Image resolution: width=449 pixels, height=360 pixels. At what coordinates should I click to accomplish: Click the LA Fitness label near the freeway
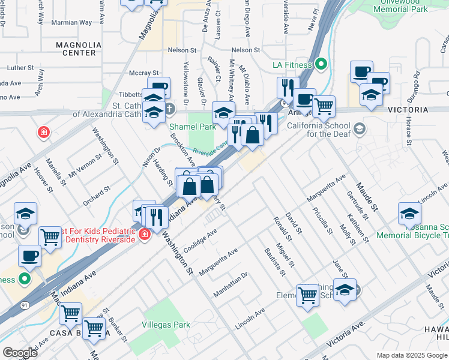(x=291, y=65)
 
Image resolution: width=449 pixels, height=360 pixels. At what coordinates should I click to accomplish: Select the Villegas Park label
(x=165, y=325)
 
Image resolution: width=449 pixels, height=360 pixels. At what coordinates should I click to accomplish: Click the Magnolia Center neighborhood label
(x=76, y=49)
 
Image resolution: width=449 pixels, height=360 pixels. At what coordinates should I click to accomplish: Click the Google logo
(x=20, y=353)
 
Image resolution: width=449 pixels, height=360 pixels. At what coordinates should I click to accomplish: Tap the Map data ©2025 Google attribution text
(x=411, y=355)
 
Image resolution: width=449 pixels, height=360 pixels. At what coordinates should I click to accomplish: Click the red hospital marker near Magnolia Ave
(x=43, y=132)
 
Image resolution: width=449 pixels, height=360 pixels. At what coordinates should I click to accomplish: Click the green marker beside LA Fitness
(x=321, y=64)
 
